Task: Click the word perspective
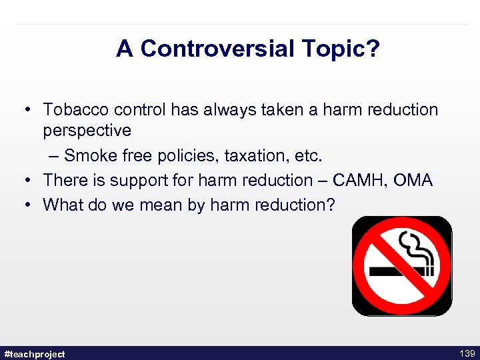(x=87, y=131)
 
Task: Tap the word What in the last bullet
(x=62, y=204)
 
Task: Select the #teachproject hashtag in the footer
(x=35, y=353)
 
